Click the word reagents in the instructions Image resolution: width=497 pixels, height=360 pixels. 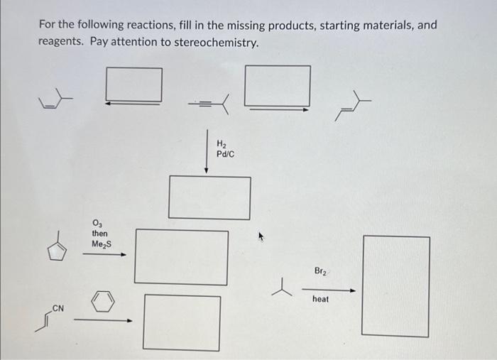coord(60,43)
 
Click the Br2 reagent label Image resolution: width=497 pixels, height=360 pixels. coord(321,271)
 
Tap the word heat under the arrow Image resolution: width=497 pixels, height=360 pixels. coord(320,299)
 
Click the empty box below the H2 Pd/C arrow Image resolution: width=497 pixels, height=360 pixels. coord(209,197)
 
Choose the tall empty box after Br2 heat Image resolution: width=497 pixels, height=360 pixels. coord(395,285)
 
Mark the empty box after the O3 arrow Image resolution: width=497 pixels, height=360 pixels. coord(181,256)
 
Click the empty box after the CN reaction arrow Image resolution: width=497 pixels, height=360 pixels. coord(181,322)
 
